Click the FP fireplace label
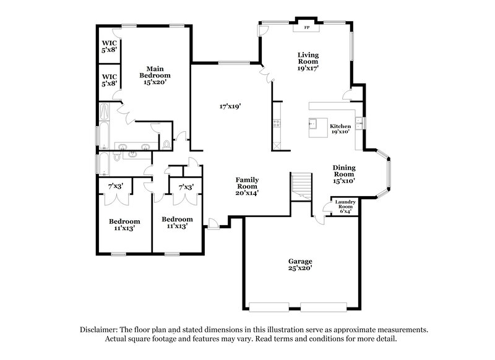[306, 28]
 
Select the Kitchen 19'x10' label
[340, 128]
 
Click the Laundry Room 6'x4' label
[344, 207]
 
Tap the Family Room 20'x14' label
[246, 186]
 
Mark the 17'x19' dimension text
[230, 106]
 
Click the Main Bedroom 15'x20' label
[155, 75]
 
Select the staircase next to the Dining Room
[302, 184]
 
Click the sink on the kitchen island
[314, 123]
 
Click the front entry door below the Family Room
[213, 223]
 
